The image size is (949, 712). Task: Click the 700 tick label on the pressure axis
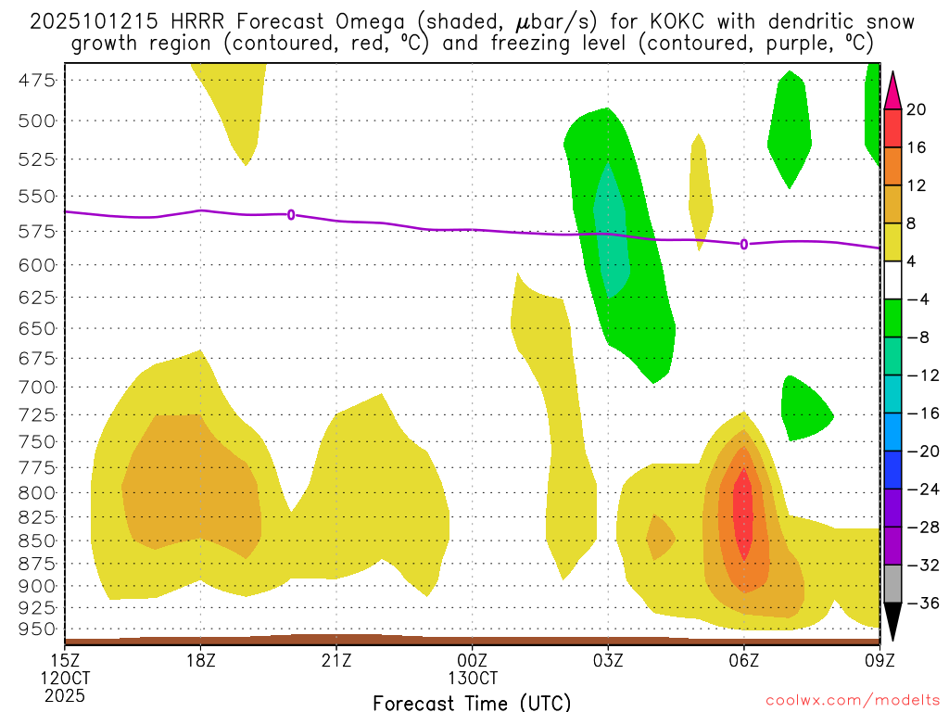pyautogui.click(x=38, y=386)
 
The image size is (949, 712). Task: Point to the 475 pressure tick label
pyautogui.click(x=38, y=80)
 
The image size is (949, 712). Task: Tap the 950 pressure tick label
pyautogui.click(x=38, y=629)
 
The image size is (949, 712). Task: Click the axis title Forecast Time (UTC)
pyautogui.click(x=472, y=702)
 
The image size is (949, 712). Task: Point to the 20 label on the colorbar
pyautogui.click(x=917, y=109)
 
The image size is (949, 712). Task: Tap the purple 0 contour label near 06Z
pyautogui.click(x=744, y=244)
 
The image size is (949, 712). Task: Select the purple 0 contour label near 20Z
pyautogui.click(x=291, y=214)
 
